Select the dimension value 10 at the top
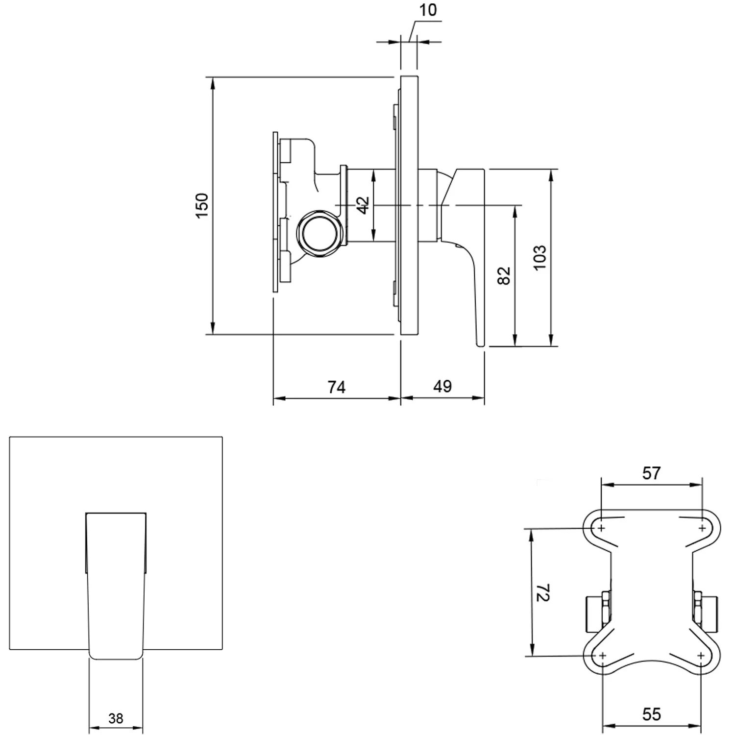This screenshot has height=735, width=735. click(428, 10)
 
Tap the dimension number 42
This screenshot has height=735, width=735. click(363, 205)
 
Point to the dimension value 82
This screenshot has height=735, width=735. click(504, 275)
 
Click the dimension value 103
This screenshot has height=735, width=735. click(539, 257)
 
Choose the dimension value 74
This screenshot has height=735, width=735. click(336, 387)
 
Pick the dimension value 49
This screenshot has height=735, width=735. click(442, 386)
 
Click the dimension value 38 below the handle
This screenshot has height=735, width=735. click(116, 718)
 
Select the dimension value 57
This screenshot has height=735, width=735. click(651, 473)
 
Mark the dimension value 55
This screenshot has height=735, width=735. click(651, 714)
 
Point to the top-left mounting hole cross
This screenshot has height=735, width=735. click(601, 528)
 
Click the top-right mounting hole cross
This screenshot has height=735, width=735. click(702, 528)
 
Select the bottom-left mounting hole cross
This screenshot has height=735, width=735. click(602, 656)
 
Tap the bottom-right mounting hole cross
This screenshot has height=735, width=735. click(701, 656)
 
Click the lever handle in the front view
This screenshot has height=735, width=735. click(116, 583)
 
